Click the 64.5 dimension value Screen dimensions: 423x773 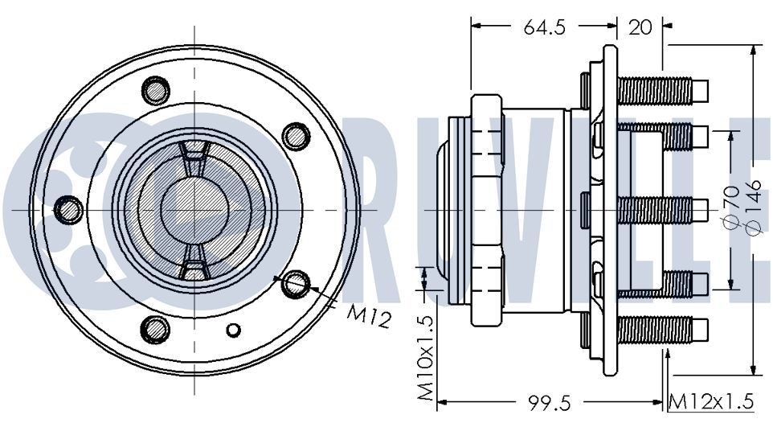pos(546,27)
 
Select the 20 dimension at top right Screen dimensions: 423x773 pos(640,27)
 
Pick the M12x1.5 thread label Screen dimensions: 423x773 pos(714,401)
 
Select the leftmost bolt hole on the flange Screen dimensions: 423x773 pos(68,209)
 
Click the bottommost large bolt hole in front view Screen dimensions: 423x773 pos(155,329)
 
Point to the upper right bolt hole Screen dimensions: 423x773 pos(297,134)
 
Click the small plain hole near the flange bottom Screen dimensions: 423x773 pos(234,330)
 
